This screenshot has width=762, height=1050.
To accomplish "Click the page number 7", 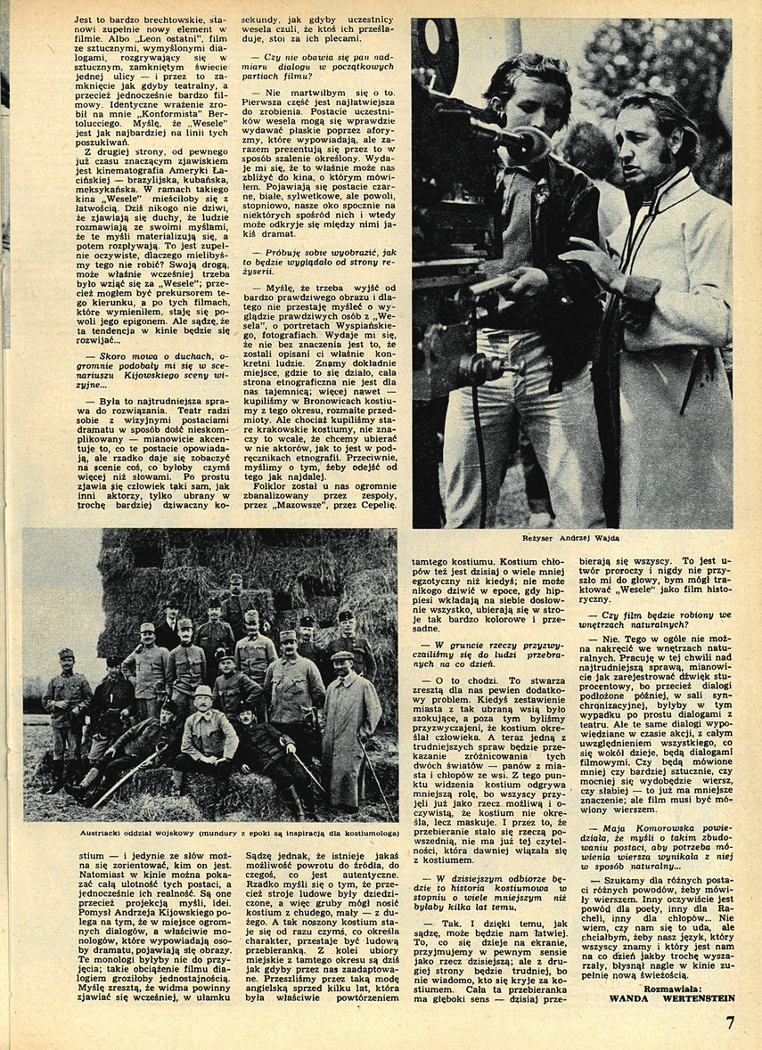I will tap(730, 1022).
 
